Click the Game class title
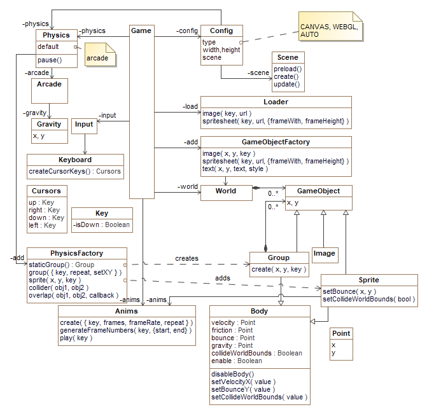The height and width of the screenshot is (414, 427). [x=141, y=31]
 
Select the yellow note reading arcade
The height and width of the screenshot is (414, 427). [x=100, y=55]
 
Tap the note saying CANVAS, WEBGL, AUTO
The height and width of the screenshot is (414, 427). [x=331, y=26]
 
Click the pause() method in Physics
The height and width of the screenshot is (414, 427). [x=50, y=60]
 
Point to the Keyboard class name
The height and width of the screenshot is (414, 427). [x=75, y=160]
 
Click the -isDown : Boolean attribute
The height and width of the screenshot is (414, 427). [x=102, y=224]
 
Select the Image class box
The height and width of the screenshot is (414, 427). [x=325, y=255]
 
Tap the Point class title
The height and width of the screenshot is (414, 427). [x=341, y=333]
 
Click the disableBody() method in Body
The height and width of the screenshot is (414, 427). [x=232, y=375]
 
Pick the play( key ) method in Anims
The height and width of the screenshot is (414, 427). [x=76, y=338]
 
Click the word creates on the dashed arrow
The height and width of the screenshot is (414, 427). [x=187, y=258]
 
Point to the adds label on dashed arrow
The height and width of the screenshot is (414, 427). [x=223, y=278]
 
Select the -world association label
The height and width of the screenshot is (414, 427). [x=188, y=186]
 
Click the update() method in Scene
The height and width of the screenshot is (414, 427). [x=287, y=85]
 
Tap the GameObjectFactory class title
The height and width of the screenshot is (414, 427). [x=276, y=142]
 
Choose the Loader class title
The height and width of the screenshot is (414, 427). [x=276, y=102]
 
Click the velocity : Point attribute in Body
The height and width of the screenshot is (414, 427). [x=234, y=323]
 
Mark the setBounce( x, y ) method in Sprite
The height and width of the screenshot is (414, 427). [x=349, y=291]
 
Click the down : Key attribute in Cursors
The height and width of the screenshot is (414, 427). [x=46, y=217]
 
